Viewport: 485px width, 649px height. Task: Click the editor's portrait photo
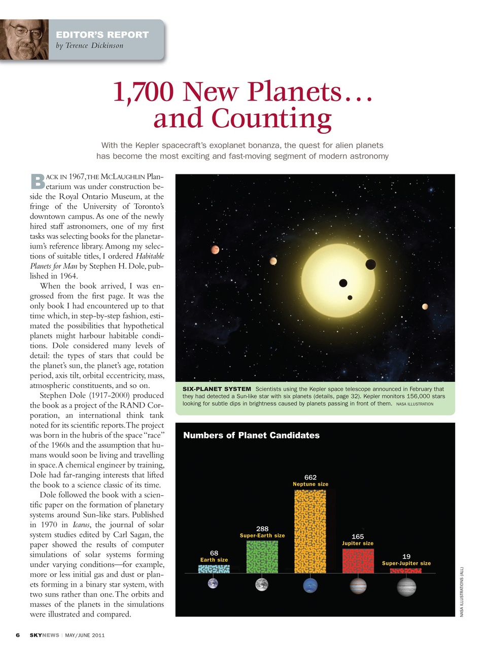point(24,40)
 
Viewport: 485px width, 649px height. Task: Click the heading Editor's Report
point(102,34)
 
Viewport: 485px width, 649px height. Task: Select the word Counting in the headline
point(271,119)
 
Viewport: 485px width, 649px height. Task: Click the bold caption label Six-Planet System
point(217,389)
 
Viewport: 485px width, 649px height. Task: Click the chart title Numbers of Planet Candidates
point(251,435)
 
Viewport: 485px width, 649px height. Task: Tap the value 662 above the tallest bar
point(310,477)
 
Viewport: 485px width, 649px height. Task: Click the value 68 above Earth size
point(214,553)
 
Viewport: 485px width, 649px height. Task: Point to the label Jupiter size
point(358,543)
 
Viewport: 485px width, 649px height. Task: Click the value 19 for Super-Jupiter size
point(406,556)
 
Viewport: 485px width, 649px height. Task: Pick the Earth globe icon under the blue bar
point(213,584)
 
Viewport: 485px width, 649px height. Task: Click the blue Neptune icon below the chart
point(310,586)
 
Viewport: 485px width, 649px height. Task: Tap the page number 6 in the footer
point(18,635)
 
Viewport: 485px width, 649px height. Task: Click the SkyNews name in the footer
point(44,635)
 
